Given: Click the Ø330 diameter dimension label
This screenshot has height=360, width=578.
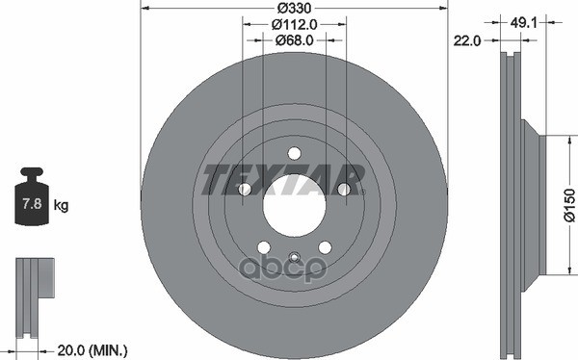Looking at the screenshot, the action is click(x=294, y=8).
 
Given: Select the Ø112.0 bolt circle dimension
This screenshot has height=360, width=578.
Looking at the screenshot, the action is click(x=294, y=24).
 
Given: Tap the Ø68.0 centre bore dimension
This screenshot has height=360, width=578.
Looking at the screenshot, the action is click(x=294, y=39).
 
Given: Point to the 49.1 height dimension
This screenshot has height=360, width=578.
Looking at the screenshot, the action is click(x=523, y=23).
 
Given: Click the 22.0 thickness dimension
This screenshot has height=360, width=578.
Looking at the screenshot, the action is click(x=467, y=40).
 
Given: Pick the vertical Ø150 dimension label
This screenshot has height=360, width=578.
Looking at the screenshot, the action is click(x=570, y=205).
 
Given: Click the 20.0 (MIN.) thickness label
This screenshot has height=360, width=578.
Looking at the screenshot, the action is click(x=92, y=349).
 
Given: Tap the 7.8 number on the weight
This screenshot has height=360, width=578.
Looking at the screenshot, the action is click(x=32, y=203).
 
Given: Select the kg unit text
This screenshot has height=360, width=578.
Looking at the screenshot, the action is click(x=62, y=205).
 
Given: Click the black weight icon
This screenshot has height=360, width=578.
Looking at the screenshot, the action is click(x=32, y=196).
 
